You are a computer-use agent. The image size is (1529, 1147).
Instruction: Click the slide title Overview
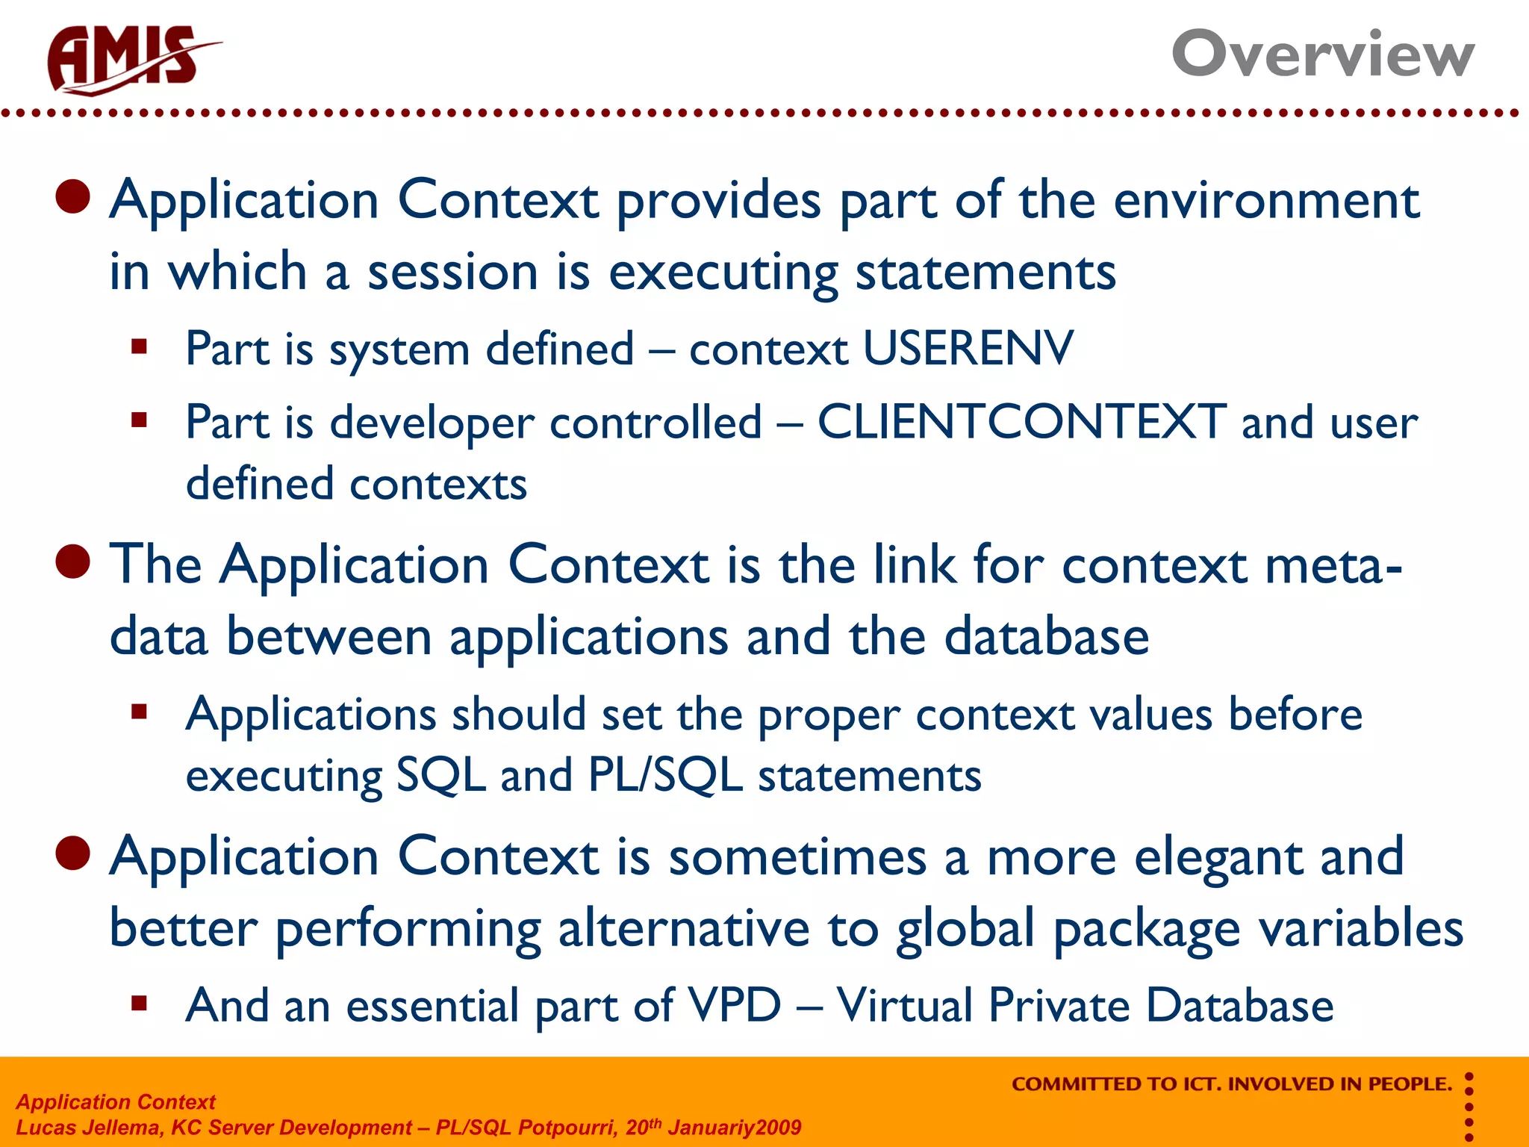pos(1322,54)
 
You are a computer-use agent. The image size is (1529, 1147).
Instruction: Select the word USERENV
pos(968,349)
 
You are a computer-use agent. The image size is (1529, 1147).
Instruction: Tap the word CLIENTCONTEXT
pos(1021,422)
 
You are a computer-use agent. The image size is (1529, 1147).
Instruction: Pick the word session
pos(452,272)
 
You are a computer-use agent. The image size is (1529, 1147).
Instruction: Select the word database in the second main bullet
pos(1046,637)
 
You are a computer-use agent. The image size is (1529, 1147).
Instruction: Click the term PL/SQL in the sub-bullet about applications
pos(664,775)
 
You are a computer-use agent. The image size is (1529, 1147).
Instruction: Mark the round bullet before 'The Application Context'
pos(73,562)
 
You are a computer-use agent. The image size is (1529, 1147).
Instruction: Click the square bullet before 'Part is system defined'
pos(139,346)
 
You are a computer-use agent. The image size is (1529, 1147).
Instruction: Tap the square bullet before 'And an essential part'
pos(139,1003)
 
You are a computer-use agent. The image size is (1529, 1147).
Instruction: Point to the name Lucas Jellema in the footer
pos(88,1128)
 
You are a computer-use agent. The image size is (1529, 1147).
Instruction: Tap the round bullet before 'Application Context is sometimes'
pos(73,853)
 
